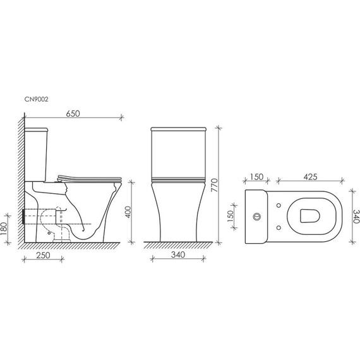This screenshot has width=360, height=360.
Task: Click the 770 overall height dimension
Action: [x=215, y=185]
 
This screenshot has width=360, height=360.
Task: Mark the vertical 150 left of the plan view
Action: [x=231, y=215]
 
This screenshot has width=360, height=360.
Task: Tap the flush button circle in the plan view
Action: [x=257, y=217]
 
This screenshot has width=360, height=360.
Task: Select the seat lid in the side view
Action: [x=88, y=176]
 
